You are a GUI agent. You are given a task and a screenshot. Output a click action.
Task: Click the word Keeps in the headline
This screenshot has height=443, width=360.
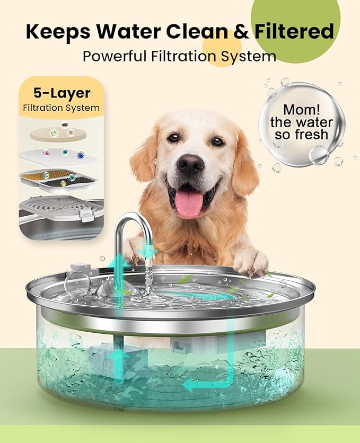57,32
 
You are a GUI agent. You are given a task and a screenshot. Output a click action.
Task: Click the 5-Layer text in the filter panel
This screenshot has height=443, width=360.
62,94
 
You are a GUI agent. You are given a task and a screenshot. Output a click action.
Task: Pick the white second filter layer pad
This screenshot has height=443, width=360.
58,156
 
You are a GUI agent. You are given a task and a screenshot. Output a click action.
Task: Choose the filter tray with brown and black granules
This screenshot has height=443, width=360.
58,179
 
